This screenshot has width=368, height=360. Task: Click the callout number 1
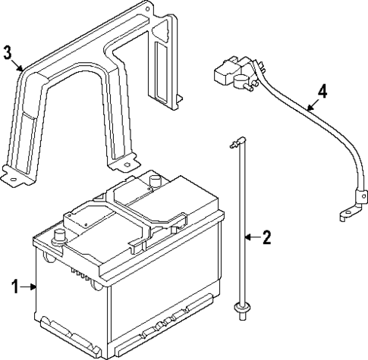[x=14, y=286]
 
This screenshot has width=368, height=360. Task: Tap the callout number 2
[x=266, y=238]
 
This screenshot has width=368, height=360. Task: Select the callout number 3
[x=8, y=53]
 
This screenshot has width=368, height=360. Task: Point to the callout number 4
[x=322, y=91]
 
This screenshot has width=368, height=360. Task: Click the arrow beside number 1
[x=28, y=286]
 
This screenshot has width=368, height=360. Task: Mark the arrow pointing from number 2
[x=253, y=238]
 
